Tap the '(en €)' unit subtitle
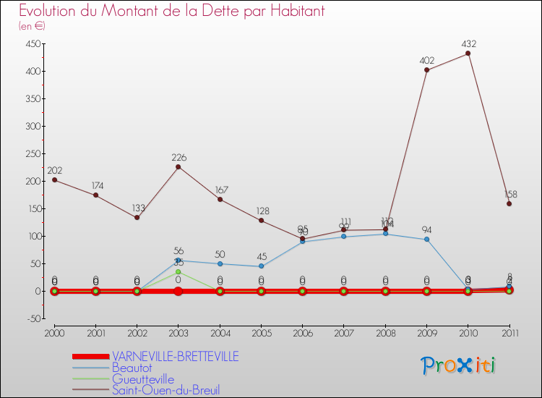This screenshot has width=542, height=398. point(32,27)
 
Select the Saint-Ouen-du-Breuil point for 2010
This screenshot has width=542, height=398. point(468,54)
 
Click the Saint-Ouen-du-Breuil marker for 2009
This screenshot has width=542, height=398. point(426,70)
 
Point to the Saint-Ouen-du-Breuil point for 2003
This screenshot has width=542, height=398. point(178,167)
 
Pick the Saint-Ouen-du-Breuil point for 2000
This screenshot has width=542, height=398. point(54,179)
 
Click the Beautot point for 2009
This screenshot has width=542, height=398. point(426,240)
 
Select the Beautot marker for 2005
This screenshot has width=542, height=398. point(261,266)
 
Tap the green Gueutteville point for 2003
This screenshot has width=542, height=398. point(178,272)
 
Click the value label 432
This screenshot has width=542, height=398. point(468,44)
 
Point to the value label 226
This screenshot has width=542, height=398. point(179,157)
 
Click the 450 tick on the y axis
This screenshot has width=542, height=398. point(31,43)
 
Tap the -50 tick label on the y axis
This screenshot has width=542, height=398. point(32,318)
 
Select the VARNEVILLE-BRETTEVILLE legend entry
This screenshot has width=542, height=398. point(175,357)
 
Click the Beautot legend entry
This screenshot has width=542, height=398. point(133,368)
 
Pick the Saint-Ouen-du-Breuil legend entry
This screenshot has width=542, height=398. point(165,390)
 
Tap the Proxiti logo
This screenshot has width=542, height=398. point(458,365)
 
